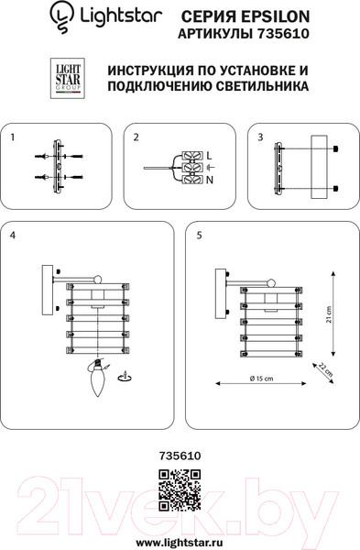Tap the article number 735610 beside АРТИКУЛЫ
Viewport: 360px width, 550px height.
click(283, 34)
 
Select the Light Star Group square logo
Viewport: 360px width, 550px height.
click(68, 78)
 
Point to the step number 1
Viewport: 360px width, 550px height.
click(13, 137)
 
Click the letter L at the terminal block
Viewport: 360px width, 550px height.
click(209, 156)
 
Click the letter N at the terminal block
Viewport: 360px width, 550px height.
click(210, 181)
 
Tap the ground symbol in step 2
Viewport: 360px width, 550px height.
click(210, 167)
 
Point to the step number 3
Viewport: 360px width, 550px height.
click(260, 137)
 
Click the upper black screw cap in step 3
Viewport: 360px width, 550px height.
click(335, 148)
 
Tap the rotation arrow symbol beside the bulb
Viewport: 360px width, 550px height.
click(125, 376)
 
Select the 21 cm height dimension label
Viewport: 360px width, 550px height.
click(329, 314)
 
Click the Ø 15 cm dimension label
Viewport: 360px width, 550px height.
click(261, 379)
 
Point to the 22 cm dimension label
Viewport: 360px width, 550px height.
click(325, 369)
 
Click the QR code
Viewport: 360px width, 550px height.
click(180, 490)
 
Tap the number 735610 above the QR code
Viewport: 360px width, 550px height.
click(180, 456)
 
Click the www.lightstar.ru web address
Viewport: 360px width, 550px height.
click(180, 543)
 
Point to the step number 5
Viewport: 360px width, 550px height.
click(199, 235)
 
